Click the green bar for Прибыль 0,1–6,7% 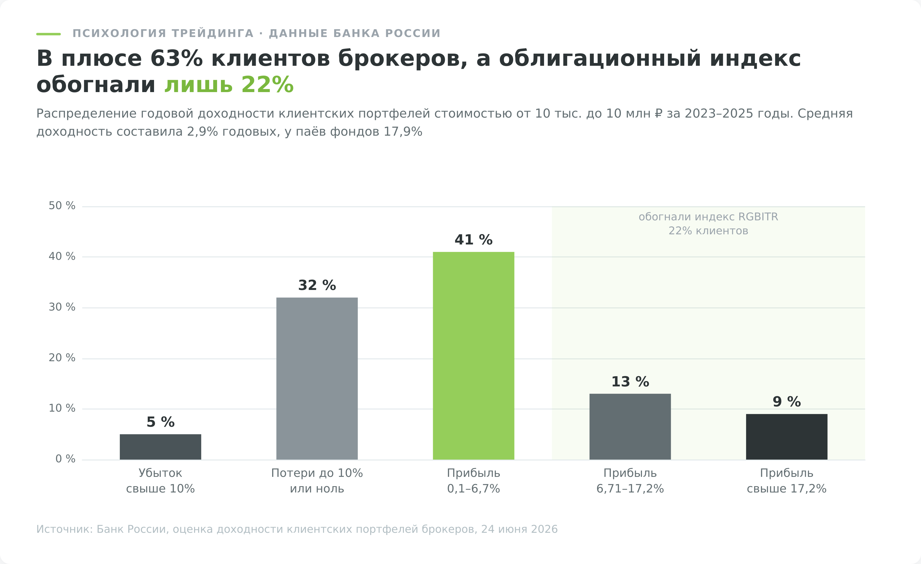(x=474, y=356)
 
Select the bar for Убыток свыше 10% (x=160, y=447)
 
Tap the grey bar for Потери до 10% (x=317, y=379)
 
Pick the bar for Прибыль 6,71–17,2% (x=630, y=427)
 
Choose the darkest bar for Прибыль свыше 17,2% (x=787, y=437)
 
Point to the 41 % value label (x=474, y=240)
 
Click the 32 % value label (x=317, y=285)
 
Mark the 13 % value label (x=630, y=381)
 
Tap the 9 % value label (x=787, y=402)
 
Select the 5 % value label (x=160, y=422)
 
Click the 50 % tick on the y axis (x=62, y=206)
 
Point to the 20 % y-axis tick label (x=62, y=358)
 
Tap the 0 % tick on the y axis (x=66, y=459)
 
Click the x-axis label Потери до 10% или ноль (x=317, y=481)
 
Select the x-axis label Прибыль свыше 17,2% (x=787, y=481)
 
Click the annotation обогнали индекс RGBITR (x=708, y=217)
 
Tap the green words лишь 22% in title (x=229, y=84)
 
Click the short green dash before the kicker (x=48, y=34)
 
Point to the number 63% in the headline (x=177, y=59)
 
